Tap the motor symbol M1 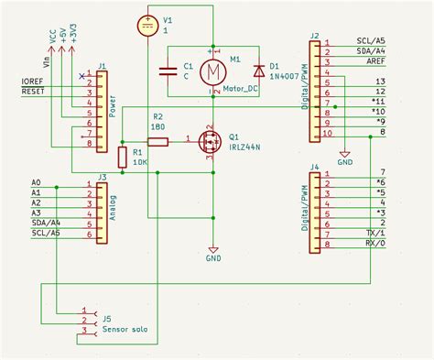click(x=212, y=70)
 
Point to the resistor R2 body click(x=157, y=141)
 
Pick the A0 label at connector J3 click(x=37, y=184)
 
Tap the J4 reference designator click(x=315, y=167)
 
